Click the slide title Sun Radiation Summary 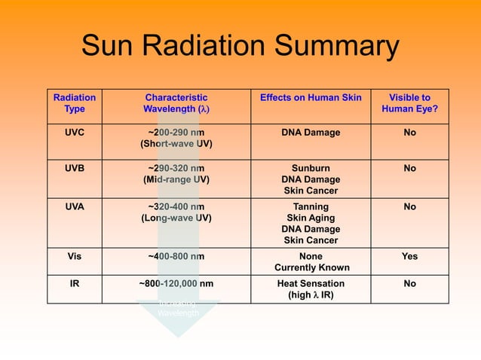pyautogui.click(x=240, y=47)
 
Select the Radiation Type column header pyautogui.click(x=75, y=103)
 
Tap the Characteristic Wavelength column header pyautogui.click(x=176, y=103)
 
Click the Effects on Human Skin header pyautogui.click(x=311, y=98)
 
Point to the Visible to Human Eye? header pyautogui.click(x=409, y=103)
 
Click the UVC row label pyautogui.click(x=75, y=133)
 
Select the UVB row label pyautogui.click(x=75, y=169)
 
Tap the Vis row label pyautogui.click(x=75, y=256)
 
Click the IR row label pyautogui.click(x=75, y=284)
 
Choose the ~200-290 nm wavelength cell pyautogui.click(x=176, y=139)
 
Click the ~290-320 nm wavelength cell pyautogui.click(x=176, y=174)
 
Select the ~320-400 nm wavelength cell pyautogui.click(x=176, y=211)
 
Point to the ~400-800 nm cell pyautogui.click(x=176, y=256)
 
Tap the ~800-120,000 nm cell pyautogui.click(x=176, y=284)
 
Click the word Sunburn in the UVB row pyautogui.click(x=311, y=169)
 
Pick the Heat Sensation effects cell pyautogui.click(x=311, y=289)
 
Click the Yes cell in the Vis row pyautogui.click(x=409, y=256)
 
